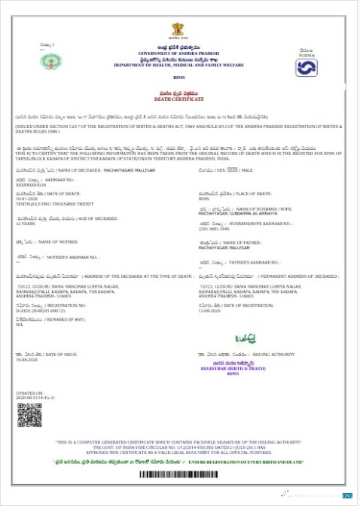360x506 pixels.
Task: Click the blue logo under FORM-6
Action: pyautogui.click(x=307, y=68)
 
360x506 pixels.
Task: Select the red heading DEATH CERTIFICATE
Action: pyautogui.click(x=178, y=99)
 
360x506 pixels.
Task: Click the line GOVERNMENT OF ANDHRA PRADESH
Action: pyautogui.click(x=178, y=53)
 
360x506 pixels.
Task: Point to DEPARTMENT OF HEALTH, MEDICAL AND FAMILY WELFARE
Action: pyautogui.click(x=178, y=66)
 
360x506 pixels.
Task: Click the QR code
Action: pyautogui.click(x=29, y=416)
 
